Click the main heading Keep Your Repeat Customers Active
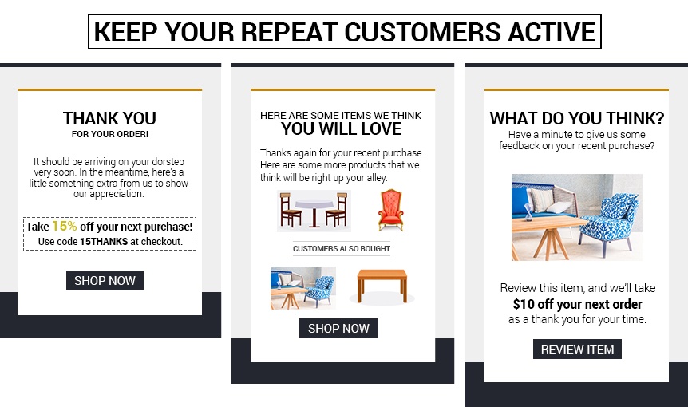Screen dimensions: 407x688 coord(344,32)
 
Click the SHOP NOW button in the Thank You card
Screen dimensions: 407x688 coord(105,280)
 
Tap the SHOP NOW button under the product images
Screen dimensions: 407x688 coord(338,328)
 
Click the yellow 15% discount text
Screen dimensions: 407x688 coord(65,226)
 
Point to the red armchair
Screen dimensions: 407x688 coord(390,209)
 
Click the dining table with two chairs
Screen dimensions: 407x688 coord(313,209)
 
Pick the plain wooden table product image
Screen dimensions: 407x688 coord(382,286)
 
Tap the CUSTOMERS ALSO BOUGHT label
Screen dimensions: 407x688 coord(341,249)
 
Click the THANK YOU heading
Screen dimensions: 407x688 coord(109,119)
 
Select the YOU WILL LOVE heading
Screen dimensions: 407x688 coord(341,128)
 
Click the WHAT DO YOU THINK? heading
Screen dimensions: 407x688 coord(576,119)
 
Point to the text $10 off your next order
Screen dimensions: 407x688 coord(577,304)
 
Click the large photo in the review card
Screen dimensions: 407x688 coord(576,216)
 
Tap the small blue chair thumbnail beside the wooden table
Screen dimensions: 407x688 coord(303,287)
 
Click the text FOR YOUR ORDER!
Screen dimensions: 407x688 coord(109,134)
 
